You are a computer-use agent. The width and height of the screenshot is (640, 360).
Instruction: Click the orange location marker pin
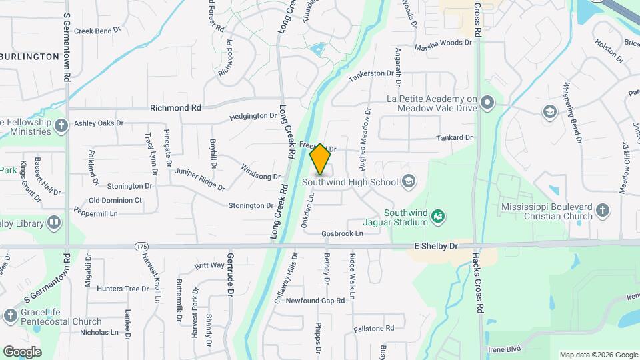pyautogui.click(x=320, y=159)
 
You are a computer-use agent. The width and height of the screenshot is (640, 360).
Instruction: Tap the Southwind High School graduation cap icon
pyautogui.click(x=409, y=181)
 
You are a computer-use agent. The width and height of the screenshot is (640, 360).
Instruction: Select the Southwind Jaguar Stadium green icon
pyautogui.click(x=438, y=215)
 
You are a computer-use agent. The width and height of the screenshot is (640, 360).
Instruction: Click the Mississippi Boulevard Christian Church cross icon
pyautogui.click(x=603, y=211)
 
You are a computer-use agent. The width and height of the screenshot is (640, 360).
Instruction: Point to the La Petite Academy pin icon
pyautogui.click(x=488, y=103)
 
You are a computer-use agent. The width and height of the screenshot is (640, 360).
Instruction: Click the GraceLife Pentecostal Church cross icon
pyautogui.click(x=10, y=315)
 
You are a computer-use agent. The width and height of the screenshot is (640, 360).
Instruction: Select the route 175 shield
pyautogui.click(x=141, y=247)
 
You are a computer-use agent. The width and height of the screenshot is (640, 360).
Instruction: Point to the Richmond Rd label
pyautogui.click(x=175, y=107)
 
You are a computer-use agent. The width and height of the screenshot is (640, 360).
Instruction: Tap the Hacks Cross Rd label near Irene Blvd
pyautogui.click(x=477, y=283)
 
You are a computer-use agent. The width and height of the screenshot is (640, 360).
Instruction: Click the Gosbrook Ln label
pyautogui.click(x=342, y=234)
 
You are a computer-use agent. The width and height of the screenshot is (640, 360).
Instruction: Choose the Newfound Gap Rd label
pyautogui.click(x=315, y=301)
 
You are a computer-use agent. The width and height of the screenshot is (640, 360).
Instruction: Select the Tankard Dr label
pyautogui.click(x=454, y=138)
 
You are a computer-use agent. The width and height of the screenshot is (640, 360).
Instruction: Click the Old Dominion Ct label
pyautogui.click(x=115, y=200)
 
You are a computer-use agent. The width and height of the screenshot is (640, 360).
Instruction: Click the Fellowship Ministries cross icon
pyautogui.click(x=61, y=126)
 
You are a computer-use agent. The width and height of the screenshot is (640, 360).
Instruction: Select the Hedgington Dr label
pyautogui.click(x=253, y=116)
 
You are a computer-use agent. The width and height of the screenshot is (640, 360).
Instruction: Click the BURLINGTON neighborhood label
pyautogui.click(x=30, y=57)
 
